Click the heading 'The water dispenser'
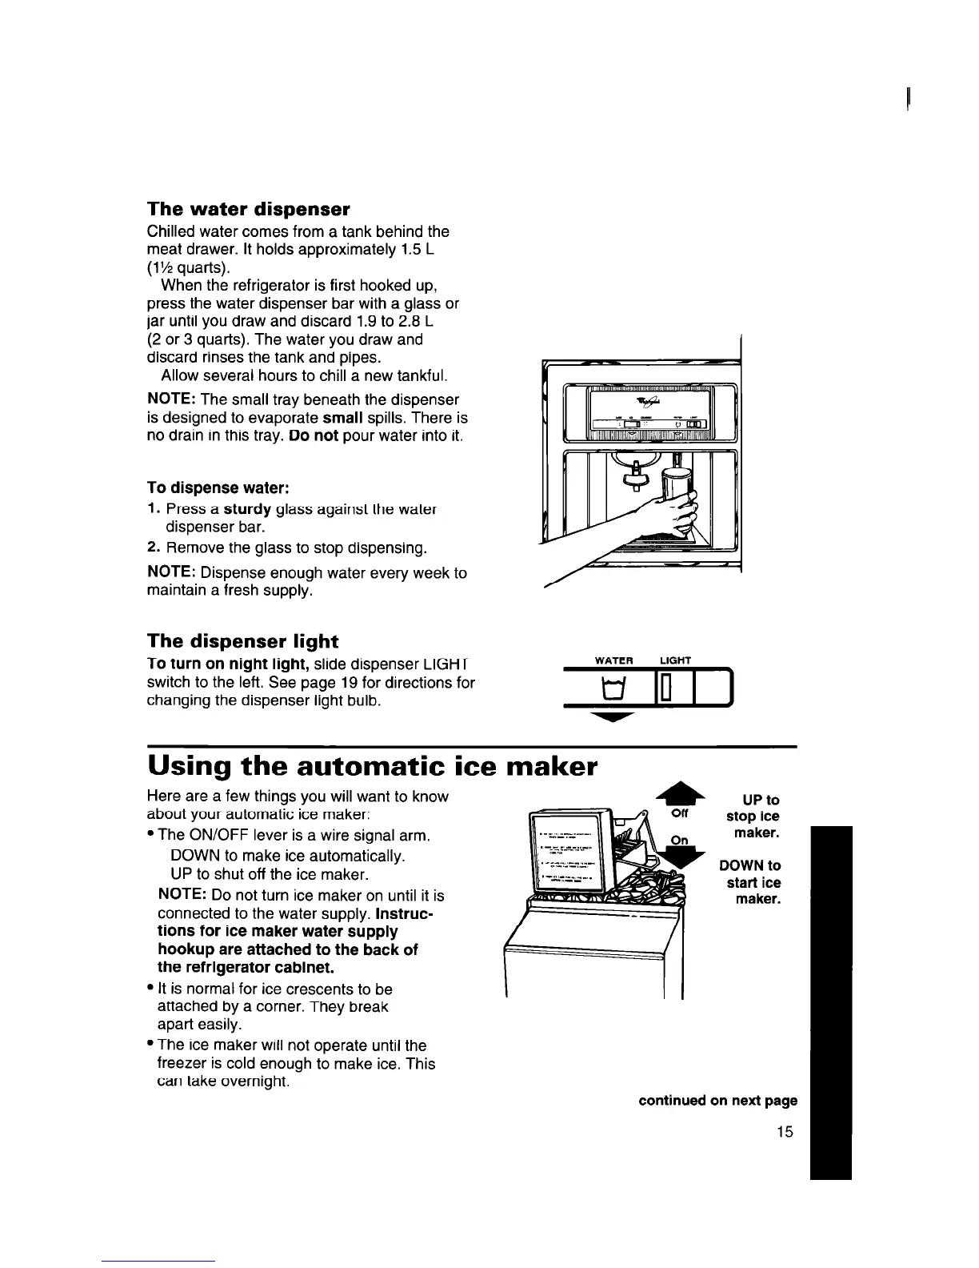[249, 210]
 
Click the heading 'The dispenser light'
[243, 641]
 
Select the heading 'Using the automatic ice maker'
[373, 766]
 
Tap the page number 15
[784, 1131]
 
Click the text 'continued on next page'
[717, 1100]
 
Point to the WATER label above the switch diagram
[614, 660]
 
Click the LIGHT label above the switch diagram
[675, 660]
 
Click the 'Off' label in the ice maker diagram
[680, 815]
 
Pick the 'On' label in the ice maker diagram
[679, 840]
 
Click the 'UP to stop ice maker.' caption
[752, 817]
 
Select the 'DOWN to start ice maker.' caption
[750, 882]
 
